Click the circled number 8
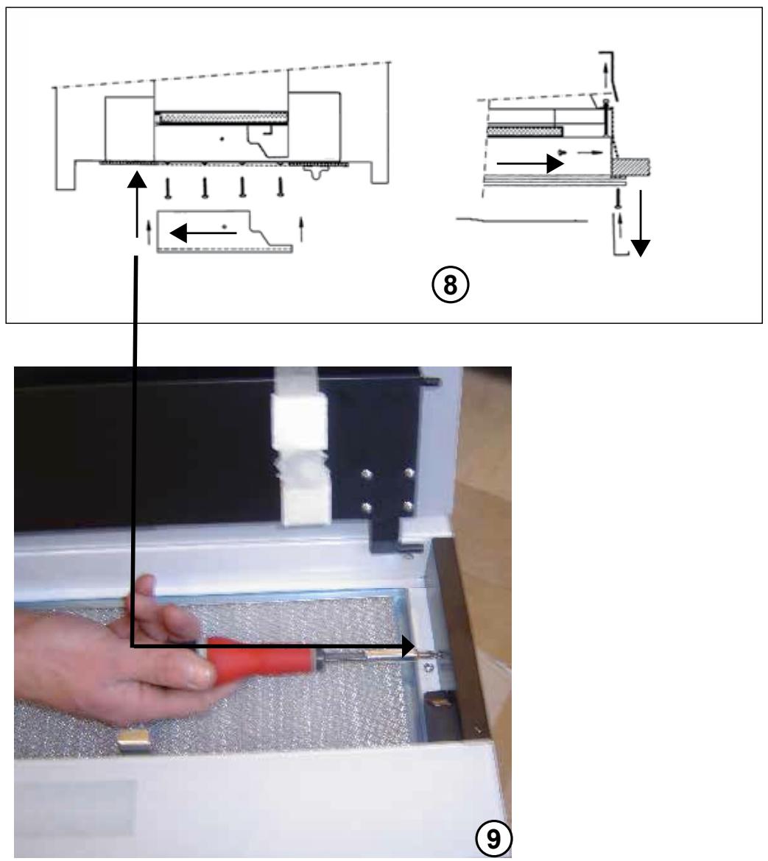click(450, 285)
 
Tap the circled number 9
click(493, 839)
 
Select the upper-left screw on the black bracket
click(367, 472)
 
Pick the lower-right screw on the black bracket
click(407, 505)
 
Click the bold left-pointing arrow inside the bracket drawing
click(203, 233)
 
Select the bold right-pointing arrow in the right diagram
click(530, 163)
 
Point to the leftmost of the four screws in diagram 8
click(168, 188)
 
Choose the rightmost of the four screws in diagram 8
click(281, 187)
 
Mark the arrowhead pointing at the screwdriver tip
click(406, 646)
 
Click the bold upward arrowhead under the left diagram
click(137, 180)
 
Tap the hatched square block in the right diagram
click(631, 166)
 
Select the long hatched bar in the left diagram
click(222, 118)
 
